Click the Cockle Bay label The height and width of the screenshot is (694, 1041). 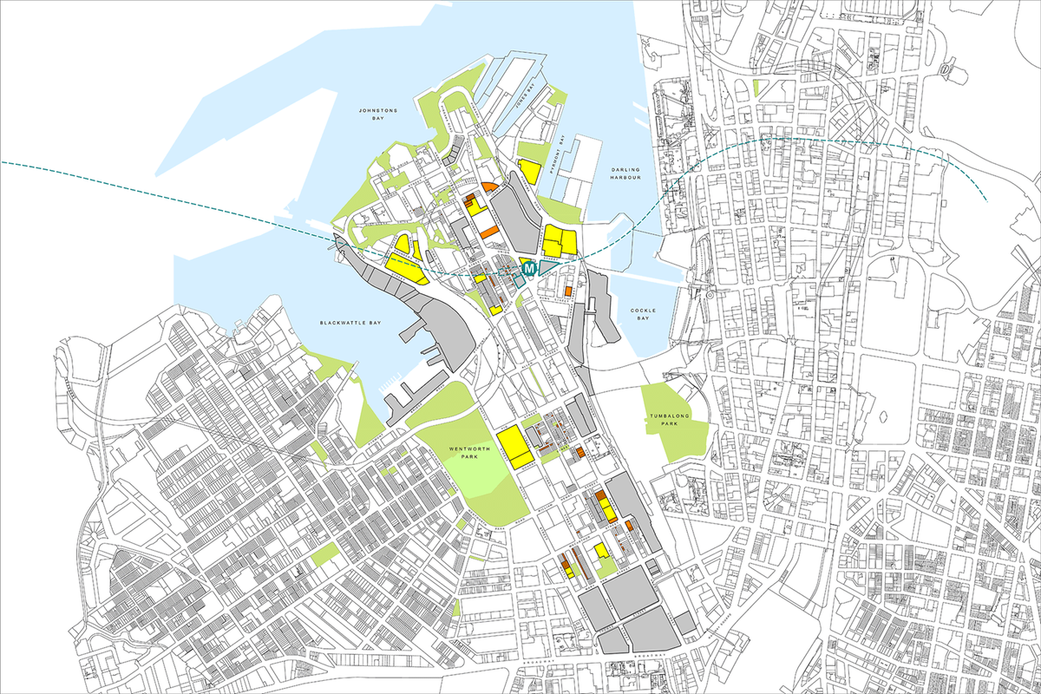[644, 314]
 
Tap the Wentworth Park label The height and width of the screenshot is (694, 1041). [464, 452]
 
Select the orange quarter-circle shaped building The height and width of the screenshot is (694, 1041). [489, 187]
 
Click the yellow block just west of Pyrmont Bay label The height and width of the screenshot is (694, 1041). [529, 173]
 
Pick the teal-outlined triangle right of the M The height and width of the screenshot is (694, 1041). [547, 268]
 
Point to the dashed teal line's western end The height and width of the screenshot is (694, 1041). [3, 162]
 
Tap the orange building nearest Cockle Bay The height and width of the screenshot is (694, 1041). [568, 291]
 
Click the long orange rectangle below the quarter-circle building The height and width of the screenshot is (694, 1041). [489, 232]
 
